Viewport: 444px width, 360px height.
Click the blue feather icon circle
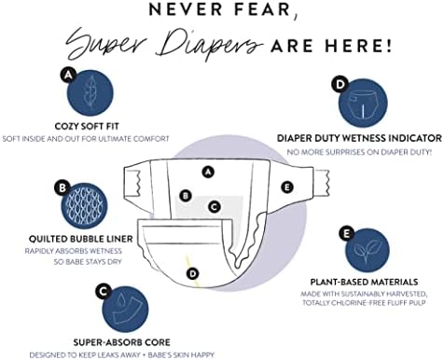[90, 93]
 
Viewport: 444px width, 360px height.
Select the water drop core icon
[126, 310]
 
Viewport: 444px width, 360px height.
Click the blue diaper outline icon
[363, 104]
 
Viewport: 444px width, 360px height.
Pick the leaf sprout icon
[368, 250]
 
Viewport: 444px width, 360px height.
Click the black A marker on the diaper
[208, 172]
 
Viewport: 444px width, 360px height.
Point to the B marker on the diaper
[186, 196]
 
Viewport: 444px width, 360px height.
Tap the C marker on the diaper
[215, 206]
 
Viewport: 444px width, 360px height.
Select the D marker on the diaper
[193, 273]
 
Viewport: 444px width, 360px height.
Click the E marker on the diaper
[287, 187]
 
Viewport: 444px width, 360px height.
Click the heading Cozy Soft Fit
[87, 127]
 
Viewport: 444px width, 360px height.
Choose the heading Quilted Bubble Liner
[81, 239]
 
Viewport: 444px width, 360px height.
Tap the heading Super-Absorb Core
[122, 342]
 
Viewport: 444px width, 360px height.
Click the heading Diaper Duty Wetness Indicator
[359, 138]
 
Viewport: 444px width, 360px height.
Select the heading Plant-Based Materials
[364, 282]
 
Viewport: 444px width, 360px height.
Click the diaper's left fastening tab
[132, 183]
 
